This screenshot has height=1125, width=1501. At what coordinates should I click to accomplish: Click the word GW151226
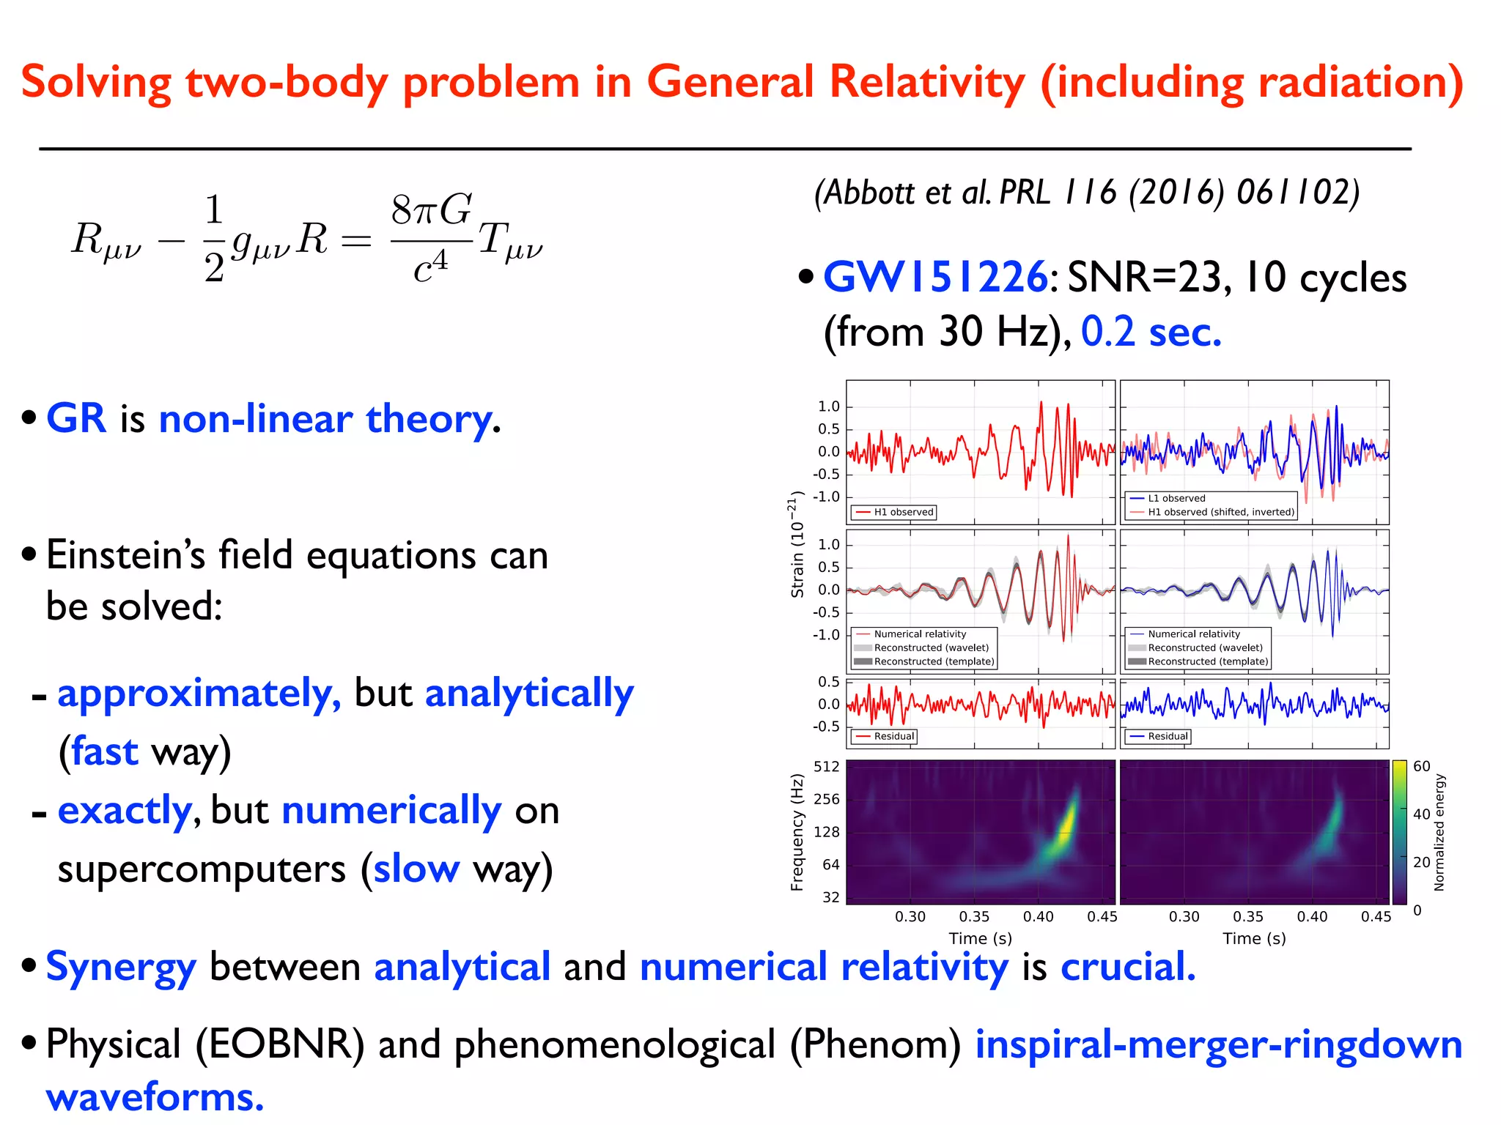click(x=934, y=278)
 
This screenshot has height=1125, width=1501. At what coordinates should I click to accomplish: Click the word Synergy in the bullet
click(x=121, y=967)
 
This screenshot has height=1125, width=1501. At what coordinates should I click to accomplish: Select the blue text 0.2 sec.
click(x=1151, y=332)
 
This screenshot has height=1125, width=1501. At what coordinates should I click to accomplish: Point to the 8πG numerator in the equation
click(x=431, y=211)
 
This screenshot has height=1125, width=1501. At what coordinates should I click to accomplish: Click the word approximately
click(x=199, y=693)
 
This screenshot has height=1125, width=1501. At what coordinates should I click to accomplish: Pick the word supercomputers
click(x=201, y=869)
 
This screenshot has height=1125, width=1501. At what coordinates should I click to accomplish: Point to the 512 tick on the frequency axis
click(x=826, y=767)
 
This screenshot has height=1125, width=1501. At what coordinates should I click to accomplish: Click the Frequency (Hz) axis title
click(x=797, y=833)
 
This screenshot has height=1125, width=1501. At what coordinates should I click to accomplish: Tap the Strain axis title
click(x=797, y=545)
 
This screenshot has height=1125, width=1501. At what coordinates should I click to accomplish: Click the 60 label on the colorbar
click(x=1421, y=766)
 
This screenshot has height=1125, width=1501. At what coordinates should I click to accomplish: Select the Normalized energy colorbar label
click(x=1439, y=833)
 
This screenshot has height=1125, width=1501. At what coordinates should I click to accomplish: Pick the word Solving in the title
click(x=96, y=82)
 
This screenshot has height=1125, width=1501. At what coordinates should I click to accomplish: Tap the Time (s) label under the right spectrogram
click(x=1254, y=938)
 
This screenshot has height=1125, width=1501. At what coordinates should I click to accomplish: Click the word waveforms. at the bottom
click(x=155, y=1097)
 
